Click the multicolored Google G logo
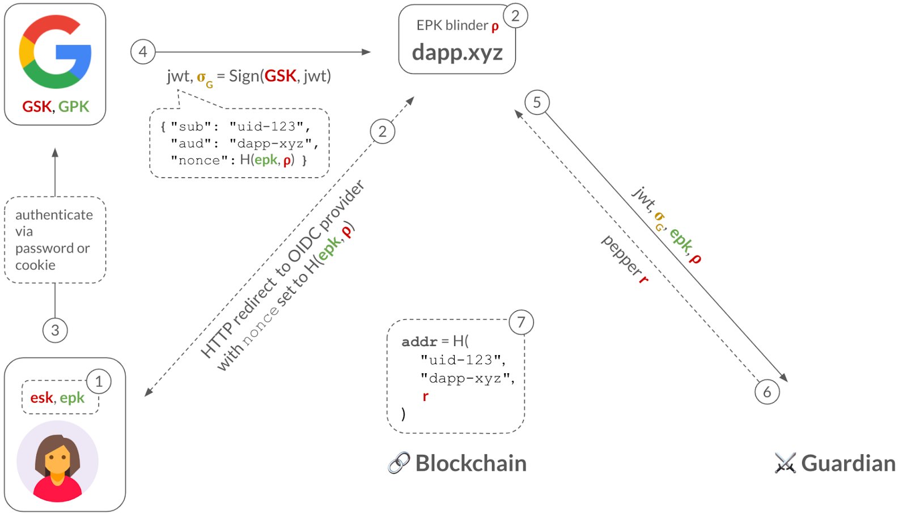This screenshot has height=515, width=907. [55, 52]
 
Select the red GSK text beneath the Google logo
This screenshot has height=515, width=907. [37, 107]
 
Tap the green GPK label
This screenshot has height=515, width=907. [74, 107]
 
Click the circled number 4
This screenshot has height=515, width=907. [143, 52]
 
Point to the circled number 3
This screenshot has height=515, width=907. [55, 330]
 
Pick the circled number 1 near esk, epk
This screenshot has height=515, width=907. [99, 382]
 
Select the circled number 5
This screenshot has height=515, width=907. [537, 103]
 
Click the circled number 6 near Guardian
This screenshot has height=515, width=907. [767, 392]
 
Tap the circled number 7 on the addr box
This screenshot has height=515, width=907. [521, 323]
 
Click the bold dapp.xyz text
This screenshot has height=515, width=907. [457, 53]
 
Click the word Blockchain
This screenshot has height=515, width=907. [471, 463]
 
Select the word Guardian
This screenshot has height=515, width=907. [848, 463]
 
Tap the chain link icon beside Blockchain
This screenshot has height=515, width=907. [399, 463]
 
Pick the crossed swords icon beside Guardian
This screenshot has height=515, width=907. [785, 463]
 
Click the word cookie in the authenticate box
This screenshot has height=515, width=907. [35, 265]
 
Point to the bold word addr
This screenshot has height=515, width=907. [419, 341]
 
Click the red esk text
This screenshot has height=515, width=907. [41, 398]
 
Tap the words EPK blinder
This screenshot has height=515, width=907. [452, 26]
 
